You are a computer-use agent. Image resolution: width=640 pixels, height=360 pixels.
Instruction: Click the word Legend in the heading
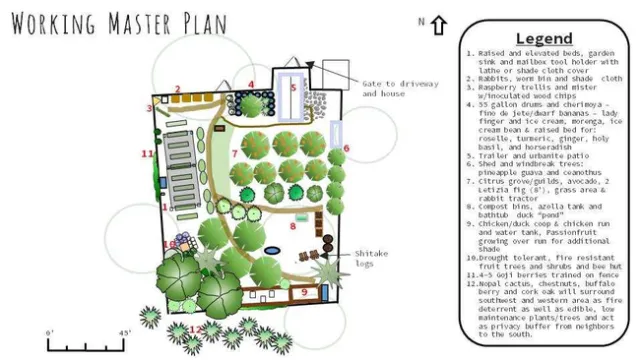pyautogui.click(x=544, y=38)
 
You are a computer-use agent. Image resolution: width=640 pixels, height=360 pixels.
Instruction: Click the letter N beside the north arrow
pyautogui.click(x=422, y=21)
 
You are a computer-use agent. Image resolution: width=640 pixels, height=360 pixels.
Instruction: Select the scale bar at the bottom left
pyautogui.click(x=85, y=345)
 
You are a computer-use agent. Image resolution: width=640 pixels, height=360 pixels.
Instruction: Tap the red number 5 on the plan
pyautogui.click(x=293, y=87)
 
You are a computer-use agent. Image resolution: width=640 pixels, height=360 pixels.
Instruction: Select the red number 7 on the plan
pyautogui.click(x=234, y=153)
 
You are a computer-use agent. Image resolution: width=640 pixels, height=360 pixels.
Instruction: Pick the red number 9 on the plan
pyautogui.click(x=304, y=292)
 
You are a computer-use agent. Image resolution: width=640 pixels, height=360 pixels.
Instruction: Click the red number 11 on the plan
pyautogui.click(x=147, y=153)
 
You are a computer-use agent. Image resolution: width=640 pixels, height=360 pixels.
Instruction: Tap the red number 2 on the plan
pyautogui.click(x=177, y=89)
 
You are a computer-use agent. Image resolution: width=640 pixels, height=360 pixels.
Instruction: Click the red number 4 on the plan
pyautogui.click(x=251, y=84)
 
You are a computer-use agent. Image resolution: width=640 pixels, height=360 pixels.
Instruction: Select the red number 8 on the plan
pyautogui.click(x=292, y=226)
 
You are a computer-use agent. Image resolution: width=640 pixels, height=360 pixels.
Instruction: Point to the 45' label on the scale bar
pyautogui.click(x=126, y=332)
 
